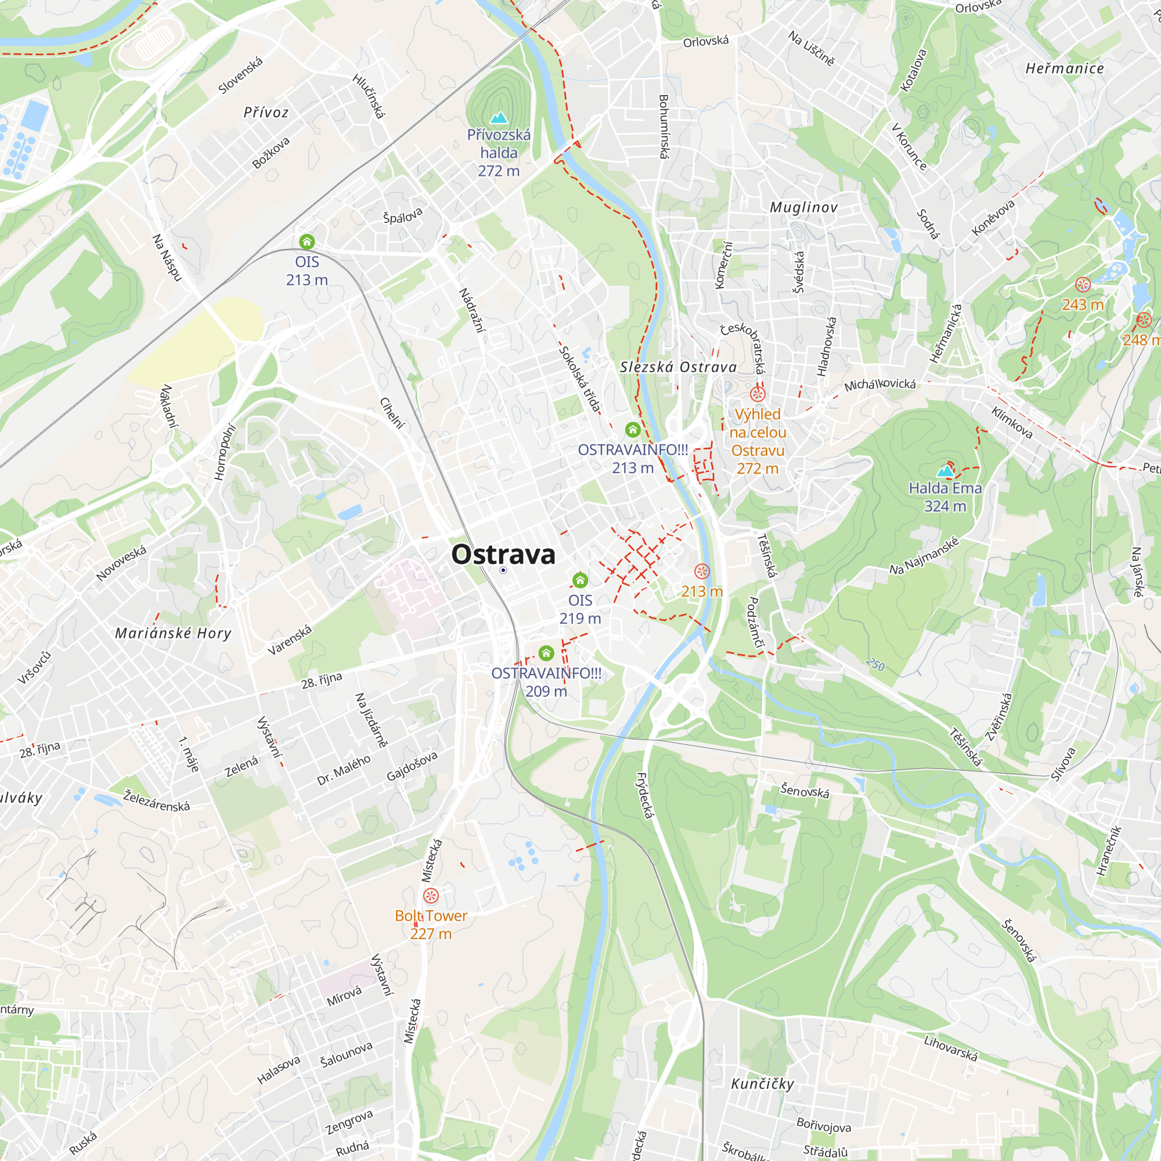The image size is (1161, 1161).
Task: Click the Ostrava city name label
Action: (503, 554)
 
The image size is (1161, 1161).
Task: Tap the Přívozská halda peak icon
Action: (499, 117)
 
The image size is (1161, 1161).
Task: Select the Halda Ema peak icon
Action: (945, 471)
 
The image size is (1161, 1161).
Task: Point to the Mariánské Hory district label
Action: (173, 633)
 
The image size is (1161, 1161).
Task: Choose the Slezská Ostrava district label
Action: (678, 367)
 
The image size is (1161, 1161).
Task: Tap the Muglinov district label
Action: (803, 208)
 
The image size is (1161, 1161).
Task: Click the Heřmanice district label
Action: (1064, 69)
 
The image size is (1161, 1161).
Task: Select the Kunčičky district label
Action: (763, 1084)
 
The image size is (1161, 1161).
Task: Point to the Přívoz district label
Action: (266, 113)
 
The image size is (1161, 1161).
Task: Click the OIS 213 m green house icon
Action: (307, 242)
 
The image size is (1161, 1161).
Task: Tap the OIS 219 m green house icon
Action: (580, 580)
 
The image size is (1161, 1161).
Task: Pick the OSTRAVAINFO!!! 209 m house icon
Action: (546, 652)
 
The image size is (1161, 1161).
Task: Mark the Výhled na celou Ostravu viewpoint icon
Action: (757, 394)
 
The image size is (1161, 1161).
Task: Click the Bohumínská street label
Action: (664, 126)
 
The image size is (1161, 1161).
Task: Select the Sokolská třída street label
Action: (580, 379)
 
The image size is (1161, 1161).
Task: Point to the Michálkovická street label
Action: (880, 385)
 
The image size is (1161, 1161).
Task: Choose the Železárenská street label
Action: (156, 802)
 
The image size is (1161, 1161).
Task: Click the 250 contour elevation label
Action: (875, 665)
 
